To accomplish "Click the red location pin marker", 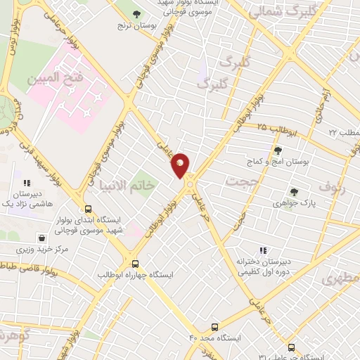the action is tap(181, 165).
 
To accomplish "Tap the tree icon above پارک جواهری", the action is tap(293, 191).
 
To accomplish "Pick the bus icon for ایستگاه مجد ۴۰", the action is tap(214, 326).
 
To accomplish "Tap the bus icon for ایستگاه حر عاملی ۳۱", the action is tap(291, 347).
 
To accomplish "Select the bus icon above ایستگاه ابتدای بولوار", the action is tap(88, 209).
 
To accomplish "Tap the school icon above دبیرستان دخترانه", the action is tap(263, 250).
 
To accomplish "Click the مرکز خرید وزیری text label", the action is tap(44, 250).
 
